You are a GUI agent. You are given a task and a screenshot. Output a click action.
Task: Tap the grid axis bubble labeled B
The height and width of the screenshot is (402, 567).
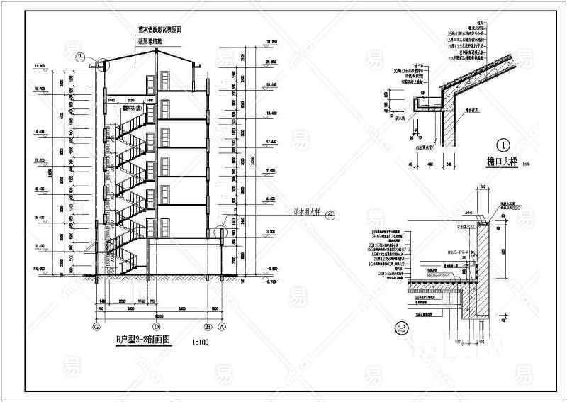click(208, 328)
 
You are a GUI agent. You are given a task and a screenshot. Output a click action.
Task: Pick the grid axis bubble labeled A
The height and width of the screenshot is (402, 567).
click(221, 328)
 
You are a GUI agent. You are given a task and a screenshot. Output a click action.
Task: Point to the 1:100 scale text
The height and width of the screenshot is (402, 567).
click(201, 344)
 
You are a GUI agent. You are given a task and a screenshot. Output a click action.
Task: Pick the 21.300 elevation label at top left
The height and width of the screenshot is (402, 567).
click(38, 66)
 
